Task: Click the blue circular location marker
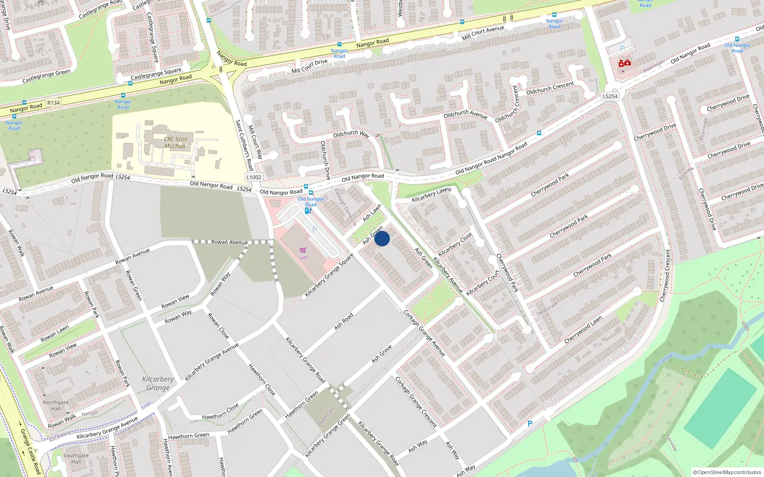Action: (382, 238)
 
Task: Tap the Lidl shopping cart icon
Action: (303, 250)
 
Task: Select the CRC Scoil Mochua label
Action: (176, 143)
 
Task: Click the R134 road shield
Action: (53, 103)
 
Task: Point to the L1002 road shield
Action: (254, 177)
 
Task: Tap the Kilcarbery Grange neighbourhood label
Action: (158, 383)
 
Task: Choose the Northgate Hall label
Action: (56, 405)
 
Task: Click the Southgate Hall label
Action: (76, 458)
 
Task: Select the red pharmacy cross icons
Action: (625, 63)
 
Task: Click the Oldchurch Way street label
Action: (351, 134)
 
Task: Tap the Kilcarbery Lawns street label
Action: (431, 195)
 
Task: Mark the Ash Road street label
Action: (344, 321)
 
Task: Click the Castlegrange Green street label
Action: (46, 76)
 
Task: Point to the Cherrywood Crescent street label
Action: (665, 275)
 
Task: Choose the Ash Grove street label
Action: (382, 353)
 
